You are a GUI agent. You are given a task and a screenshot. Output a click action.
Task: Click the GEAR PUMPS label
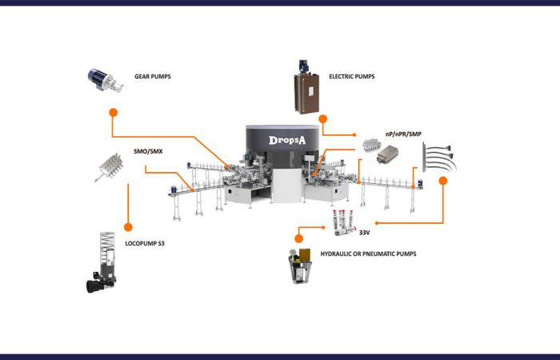click(x=153, y=78)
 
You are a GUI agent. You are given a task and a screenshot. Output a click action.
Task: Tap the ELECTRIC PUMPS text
click(x=351, y=77)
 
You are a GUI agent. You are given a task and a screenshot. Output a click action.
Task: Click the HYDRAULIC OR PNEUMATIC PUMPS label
click(x=368, y=254)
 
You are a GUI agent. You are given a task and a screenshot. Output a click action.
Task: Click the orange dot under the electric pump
click(x=322, y=118)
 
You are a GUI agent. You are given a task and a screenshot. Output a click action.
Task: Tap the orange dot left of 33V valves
click(x=299, y=237)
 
